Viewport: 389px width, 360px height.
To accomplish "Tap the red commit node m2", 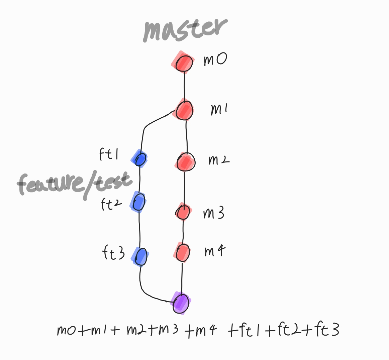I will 186,162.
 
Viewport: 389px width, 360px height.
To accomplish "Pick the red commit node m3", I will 183,212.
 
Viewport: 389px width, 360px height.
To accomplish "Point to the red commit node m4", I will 183,252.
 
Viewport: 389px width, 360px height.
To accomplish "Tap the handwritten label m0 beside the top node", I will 215,59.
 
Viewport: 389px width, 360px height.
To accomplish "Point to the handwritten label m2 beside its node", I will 219,160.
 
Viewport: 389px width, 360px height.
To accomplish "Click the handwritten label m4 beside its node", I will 215,251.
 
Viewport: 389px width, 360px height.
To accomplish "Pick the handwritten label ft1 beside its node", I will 109,154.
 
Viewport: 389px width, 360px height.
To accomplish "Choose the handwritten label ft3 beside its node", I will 113,253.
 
